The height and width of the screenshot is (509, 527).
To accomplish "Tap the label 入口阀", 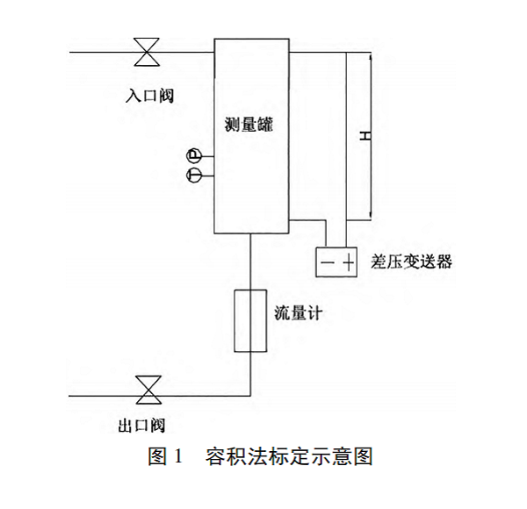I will click(x=148, y=92).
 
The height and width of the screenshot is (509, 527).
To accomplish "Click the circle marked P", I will click(x=194, y=156).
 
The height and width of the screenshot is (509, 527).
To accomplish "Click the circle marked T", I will click(x=194, y=176).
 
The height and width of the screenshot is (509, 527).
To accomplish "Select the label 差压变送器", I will click(x=413, y=261).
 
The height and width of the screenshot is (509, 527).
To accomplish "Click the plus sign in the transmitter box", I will click(x=349, y=262).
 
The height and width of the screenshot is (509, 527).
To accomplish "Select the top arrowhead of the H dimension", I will click(x=372, y=56).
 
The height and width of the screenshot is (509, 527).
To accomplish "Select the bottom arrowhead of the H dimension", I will click(x=372, y=216).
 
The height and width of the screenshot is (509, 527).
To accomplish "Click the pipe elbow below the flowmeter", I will click(x=252, y=395).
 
